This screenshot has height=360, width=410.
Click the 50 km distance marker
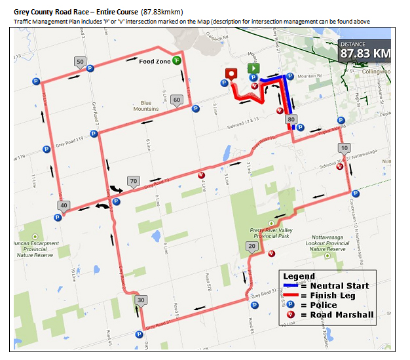tap(80, 62)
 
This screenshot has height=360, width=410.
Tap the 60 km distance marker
tap(176, 100)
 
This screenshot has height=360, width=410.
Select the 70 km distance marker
tap(133, 181)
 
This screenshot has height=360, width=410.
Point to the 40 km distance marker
tap(64, 205)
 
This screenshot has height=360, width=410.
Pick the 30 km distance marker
tap(141, 300)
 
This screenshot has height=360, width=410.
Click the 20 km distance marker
tap(252, 246)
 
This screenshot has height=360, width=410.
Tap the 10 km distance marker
tap(345, 148)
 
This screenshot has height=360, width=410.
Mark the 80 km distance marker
tap(291, 119)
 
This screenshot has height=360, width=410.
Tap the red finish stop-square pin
tap(231, 73)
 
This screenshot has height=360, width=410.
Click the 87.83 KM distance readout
tap(365, 52)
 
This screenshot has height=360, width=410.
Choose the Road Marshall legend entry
tap(341, 315)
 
